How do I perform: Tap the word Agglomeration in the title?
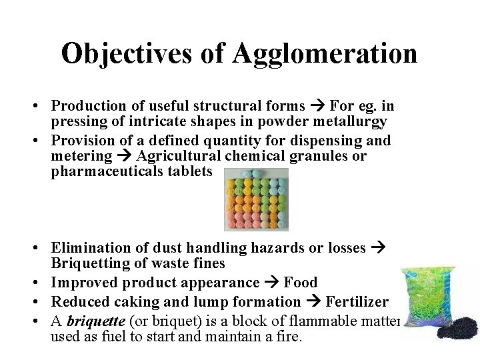pyautogui.click(x=325, y=54)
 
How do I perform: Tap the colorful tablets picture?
pyautogui.click(x=255, y=199)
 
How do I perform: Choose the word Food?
pyautogui.click(x=301, y=283)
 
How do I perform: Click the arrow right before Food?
pyautogui.click(x=272, y=283)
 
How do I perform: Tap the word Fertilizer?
pyautogui.click(x=357, y=302)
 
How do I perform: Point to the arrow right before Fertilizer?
pyautogui.click(x=313, y=302)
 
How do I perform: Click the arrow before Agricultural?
pyautogui.click(x=125, y=156)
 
